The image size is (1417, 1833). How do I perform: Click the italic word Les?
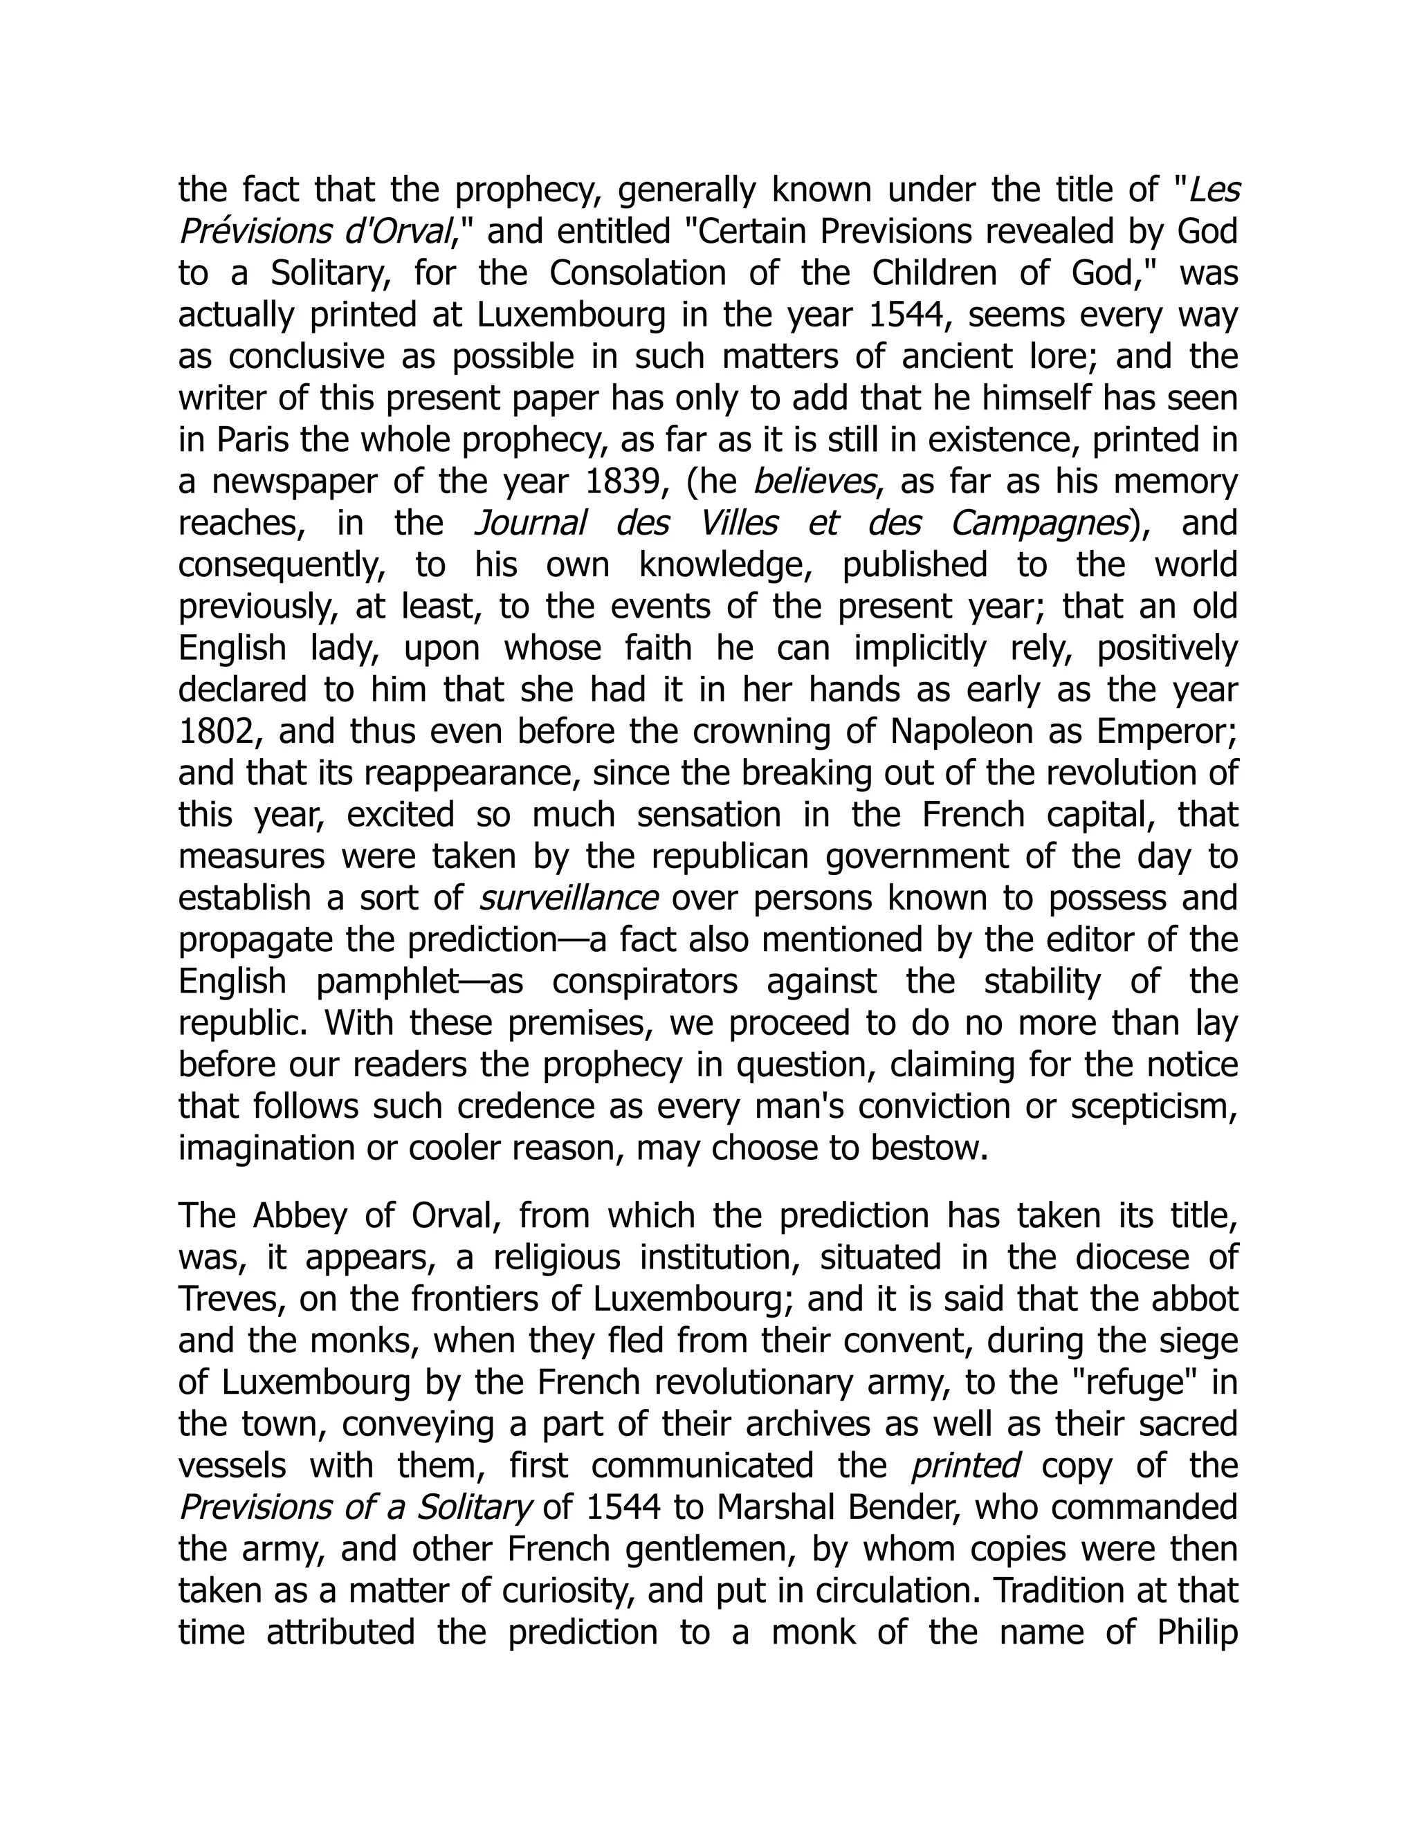1216,190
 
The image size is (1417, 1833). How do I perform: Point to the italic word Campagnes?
1039,524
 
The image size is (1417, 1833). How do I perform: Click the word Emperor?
1167,732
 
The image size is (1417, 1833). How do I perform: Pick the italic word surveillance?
568,898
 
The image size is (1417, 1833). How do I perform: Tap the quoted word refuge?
1135,1382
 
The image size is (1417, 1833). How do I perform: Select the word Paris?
250,440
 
